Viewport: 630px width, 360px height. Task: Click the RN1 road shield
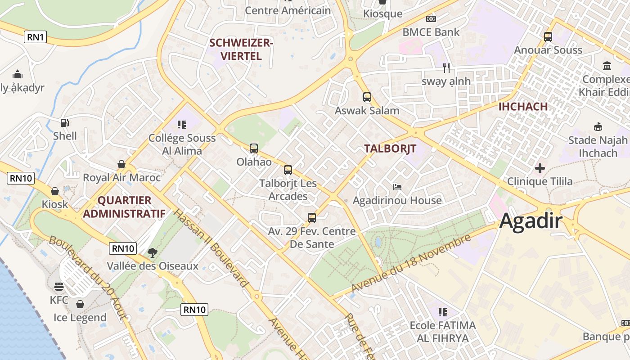(36, 37)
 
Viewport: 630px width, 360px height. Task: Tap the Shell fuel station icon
(65, 122)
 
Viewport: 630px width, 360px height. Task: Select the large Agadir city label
(531, 221)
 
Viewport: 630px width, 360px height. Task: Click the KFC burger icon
(58, 287)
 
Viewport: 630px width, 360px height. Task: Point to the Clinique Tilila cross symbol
(540, 169)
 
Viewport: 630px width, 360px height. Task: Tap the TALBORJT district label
(390, 148)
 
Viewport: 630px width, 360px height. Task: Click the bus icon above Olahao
(254, 148)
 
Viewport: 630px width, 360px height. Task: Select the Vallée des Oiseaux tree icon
(152, 252)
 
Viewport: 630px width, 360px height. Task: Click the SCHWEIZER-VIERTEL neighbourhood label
(241, 49)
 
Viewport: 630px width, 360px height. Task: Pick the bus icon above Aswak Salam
(367, 97)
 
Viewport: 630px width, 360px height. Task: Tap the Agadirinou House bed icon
(397, 187)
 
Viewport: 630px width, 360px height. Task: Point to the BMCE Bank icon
(431, 19)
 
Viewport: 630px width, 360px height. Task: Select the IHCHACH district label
(523, 107)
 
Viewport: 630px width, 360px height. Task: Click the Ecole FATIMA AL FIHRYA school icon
(443, 312)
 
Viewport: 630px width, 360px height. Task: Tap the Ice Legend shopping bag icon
(80, 305)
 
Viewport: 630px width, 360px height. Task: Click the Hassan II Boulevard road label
(211, 248)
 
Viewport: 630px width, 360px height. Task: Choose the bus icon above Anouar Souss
(548, 37)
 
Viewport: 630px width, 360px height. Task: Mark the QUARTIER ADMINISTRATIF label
(124, 207)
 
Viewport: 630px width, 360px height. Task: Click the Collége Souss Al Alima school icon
(182, 124)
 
